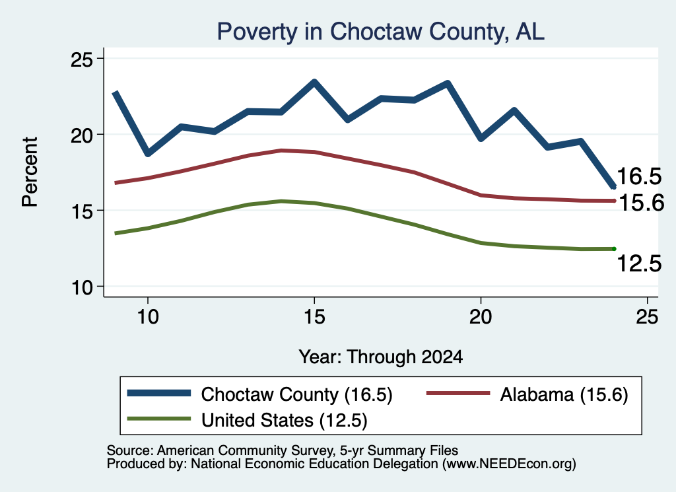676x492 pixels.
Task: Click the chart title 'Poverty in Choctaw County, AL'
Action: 380,32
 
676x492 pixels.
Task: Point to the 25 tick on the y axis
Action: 81,59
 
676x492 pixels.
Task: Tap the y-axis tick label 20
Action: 81,135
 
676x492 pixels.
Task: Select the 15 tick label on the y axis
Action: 83,211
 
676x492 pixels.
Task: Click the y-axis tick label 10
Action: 83,287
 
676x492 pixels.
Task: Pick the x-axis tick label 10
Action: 148,317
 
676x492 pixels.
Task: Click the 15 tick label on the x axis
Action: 314,317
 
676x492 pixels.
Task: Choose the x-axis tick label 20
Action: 481,317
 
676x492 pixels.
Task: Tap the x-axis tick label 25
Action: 647,317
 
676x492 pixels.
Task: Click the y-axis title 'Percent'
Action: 30,172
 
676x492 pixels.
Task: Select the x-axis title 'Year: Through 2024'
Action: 381,357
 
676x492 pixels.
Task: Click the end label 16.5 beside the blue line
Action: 639,176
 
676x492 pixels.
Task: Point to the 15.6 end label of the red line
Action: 641,202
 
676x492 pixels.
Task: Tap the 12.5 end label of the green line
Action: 639,264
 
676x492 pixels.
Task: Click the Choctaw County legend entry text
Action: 296,394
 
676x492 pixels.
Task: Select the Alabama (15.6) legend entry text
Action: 564,394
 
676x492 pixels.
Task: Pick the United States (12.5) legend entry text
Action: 284,421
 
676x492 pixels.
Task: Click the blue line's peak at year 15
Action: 314,82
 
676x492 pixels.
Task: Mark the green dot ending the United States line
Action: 614,249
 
